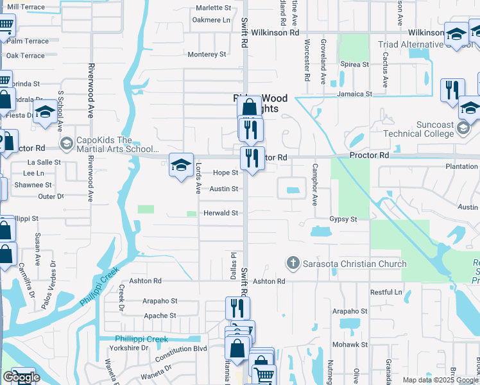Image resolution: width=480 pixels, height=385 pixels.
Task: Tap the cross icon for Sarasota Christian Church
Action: click(293, 263)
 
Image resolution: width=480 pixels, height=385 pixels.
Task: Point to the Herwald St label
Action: click(221, 213)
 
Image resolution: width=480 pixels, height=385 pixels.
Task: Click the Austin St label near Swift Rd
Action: click(224, 189)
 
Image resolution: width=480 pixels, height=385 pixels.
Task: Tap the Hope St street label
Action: click(226, 173)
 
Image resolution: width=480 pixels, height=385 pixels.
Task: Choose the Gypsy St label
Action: click(343, 219)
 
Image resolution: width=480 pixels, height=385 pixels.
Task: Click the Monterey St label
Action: click(207, 55)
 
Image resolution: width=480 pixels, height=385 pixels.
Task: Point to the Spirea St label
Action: click(356, 65)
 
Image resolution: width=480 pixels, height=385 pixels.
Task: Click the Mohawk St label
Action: click(350, 345)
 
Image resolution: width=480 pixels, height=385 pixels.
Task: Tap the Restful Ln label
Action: click(386, 292)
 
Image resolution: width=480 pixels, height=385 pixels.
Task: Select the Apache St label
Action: click(160, 316)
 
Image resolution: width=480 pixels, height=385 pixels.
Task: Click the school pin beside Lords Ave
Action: click(182, 165)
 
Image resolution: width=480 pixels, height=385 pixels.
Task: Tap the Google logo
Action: click(21, 378)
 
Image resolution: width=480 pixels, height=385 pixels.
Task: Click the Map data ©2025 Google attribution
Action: click(440, 380)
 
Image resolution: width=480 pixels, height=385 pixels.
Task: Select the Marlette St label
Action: click(213, 8)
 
